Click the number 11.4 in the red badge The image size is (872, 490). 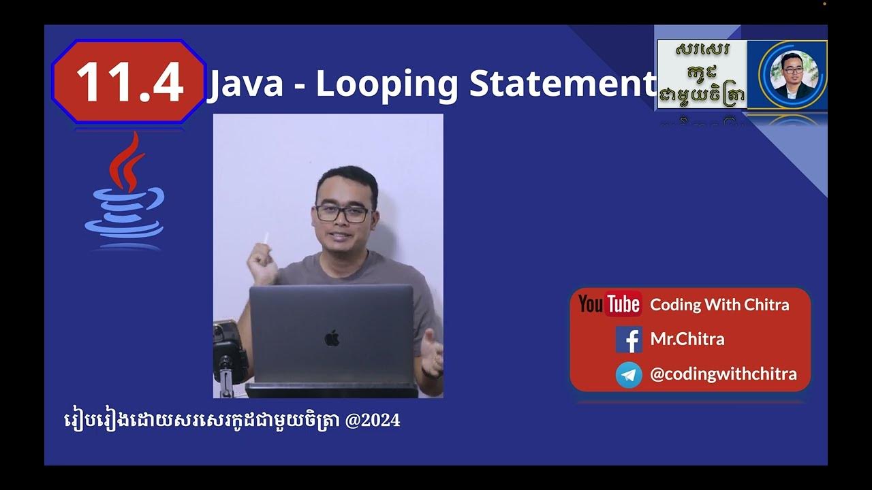tap(129, 82)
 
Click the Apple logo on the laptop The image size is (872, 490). tap(332, 338)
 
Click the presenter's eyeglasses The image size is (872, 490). tap(342, 214)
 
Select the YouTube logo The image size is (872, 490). tap(609, 304)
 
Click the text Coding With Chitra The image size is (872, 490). tap(719, 305)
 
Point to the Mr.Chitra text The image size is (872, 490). tap(687, 339)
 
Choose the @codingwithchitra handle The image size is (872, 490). tap(723, 374)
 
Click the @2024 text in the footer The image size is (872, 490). tap(373, 421)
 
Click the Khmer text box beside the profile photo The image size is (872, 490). tap(702, 74)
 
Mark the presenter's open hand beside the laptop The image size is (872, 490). tap(431, 350)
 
